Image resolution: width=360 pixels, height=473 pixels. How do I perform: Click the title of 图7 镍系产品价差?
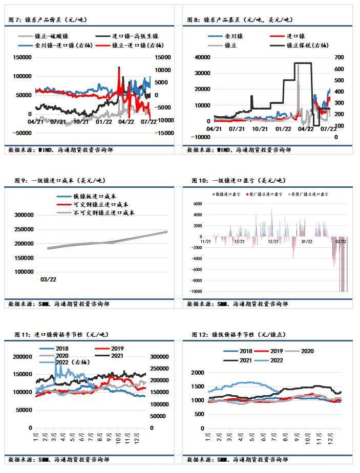click(49, 19)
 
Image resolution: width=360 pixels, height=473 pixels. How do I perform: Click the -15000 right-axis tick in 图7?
click(164, 133)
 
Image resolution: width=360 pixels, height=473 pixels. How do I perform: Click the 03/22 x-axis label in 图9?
click(49, 280)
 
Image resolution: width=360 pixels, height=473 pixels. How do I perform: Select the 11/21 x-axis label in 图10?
click(205, 241)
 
